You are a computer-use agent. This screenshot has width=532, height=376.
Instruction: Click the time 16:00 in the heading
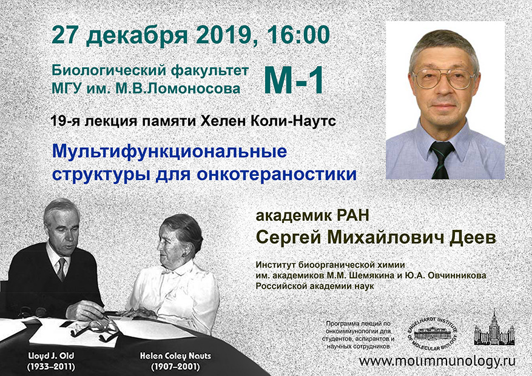299,35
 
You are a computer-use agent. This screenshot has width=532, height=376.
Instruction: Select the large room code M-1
294,80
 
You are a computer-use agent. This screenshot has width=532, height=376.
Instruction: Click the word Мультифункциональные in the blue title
170,152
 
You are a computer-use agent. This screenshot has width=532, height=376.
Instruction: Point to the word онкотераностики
277,175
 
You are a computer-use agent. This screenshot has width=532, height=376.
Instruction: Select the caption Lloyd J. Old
52,356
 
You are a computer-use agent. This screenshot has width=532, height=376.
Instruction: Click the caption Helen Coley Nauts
175,357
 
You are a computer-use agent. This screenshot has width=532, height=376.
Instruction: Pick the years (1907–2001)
175,367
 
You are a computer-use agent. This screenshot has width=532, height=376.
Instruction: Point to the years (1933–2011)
52,367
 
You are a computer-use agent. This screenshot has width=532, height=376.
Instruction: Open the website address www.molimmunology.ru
437,361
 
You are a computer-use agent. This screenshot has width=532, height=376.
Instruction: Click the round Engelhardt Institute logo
433,334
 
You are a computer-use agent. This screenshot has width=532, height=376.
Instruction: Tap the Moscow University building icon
494,327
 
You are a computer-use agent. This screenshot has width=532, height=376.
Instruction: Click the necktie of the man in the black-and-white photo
61,269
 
